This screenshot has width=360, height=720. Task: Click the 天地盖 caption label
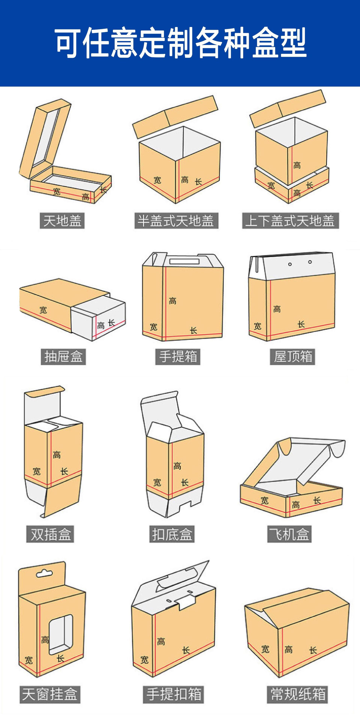(62, 221)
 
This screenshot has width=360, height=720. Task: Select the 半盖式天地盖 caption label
(176, 221)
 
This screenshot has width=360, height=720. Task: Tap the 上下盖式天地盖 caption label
(290, 221)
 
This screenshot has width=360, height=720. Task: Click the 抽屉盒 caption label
(63, 357)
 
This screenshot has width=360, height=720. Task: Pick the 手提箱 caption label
(178, 357)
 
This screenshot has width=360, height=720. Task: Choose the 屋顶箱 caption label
(292, 357)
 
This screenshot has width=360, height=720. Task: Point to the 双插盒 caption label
(50, 534)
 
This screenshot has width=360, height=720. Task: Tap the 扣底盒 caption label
(172, 534)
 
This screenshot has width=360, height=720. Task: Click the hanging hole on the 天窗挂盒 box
(44, 574)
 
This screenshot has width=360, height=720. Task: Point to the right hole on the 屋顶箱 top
(310, 262)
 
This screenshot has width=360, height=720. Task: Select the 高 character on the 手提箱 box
(173, 301)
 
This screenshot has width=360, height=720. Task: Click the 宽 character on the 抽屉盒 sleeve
(43, 310)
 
